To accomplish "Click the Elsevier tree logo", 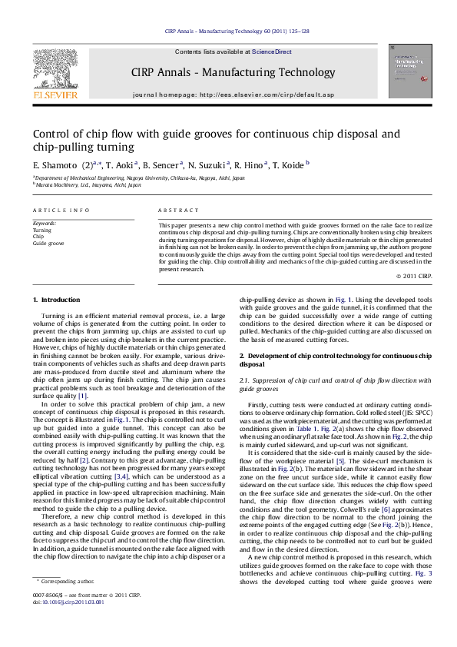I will click(55, 67).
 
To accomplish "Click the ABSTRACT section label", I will click(173, 210).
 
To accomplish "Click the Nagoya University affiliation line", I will click(139, 178).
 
